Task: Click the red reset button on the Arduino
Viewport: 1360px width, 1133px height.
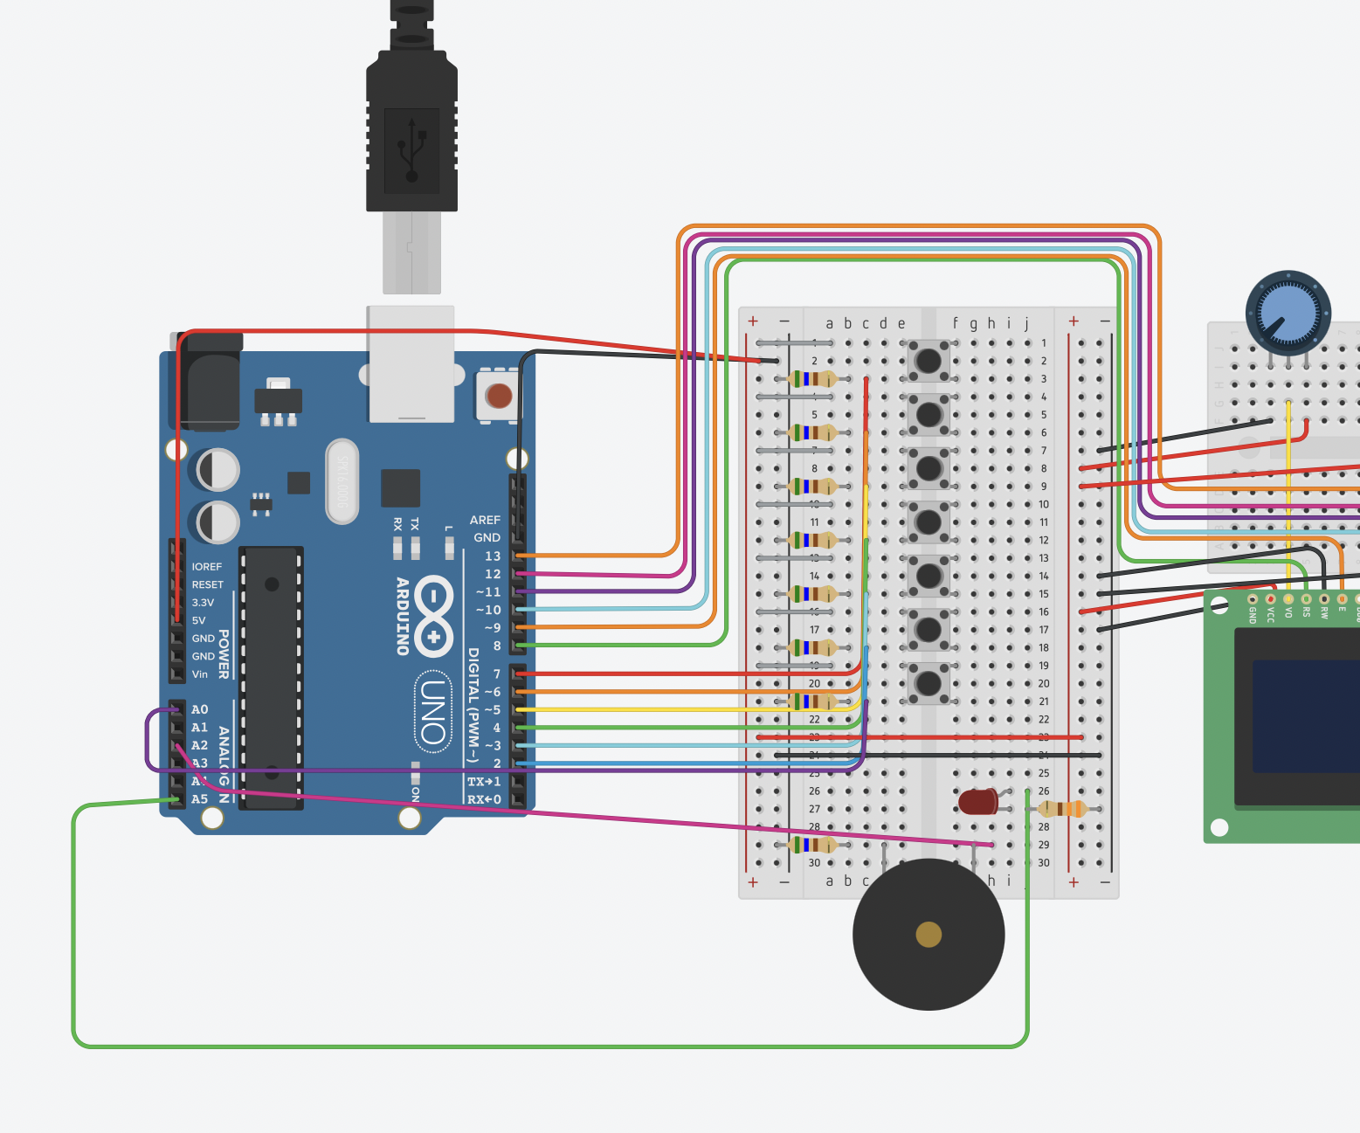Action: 499,396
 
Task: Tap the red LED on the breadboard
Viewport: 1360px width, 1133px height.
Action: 977,802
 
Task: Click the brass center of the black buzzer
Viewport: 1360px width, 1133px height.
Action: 929,935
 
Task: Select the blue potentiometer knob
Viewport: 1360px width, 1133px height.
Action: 1288,313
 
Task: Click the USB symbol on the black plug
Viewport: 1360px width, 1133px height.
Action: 411,150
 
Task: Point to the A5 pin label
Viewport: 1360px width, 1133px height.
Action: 200,799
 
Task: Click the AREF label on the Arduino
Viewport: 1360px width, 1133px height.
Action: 485,520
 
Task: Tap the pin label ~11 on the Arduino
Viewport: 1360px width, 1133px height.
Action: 488,592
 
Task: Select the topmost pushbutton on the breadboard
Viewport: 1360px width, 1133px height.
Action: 928,360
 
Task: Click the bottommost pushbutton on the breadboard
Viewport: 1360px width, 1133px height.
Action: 928,683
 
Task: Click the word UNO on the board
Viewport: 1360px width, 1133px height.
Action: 433,711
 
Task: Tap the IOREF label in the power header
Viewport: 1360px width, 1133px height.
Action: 207,567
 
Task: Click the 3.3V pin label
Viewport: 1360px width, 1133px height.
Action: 203,603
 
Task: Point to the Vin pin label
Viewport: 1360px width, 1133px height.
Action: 200,674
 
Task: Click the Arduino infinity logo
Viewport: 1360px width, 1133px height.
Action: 434,616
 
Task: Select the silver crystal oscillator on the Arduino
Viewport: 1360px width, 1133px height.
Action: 342,481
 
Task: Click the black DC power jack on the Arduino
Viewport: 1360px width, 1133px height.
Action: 211,384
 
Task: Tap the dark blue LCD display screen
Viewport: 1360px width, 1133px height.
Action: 1305,716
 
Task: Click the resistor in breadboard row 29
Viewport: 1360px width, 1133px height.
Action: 811,845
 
